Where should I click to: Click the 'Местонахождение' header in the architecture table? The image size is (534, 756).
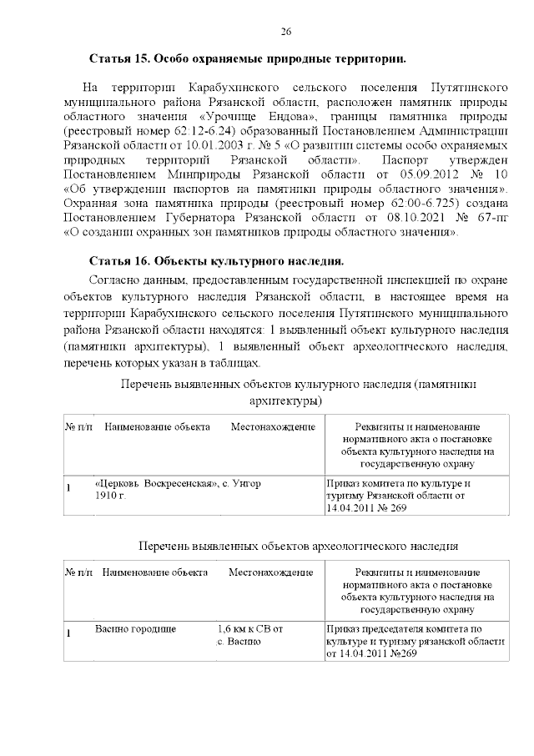[273, 427]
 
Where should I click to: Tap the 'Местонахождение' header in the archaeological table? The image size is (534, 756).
[271, 573]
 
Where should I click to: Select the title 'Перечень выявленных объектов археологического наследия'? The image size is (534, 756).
[297, 547]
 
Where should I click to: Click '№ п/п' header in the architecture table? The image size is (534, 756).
[79, 427]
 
